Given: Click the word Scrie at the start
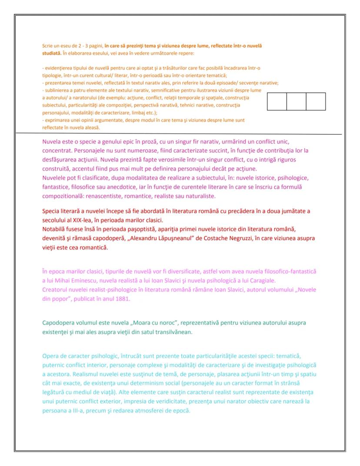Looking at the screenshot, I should click(46, 46).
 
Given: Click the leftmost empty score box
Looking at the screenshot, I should click(277, 101).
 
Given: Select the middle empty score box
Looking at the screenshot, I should click(296, 101).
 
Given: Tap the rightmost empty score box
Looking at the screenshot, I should click(316, 101).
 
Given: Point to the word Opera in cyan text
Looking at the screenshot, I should click(50, 356).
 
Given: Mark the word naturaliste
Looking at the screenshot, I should click(199, 196).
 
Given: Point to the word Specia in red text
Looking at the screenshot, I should click(51, 211).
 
